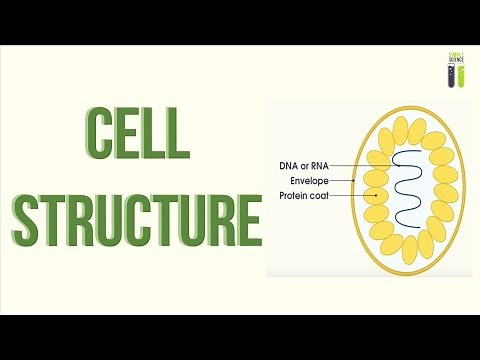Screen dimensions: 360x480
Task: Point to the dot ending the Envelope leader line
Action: [357, 181]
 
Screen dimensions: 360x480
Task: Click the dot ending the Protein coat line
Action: [374, 196]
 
